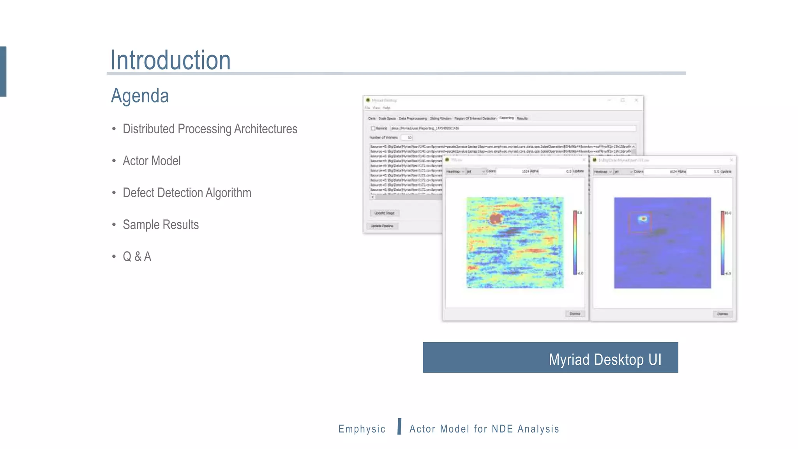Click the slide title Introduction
[170, 60]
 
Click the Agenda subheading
[140, 96]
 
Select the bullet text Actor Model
[152, 161]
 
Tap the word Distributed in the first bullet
[148, 129]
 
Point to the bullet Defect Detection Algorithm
[187, 193]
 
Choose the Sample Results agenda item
[161, 225]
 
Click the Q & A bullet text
[137, 257]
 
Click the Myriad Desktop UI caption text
[605, 359]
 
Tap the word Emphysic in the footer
[362, 429]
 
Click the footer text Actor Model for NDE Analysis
[484, 429]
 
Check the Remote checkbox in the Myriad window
[373, 128]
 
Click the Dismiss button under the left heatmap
[575, 314]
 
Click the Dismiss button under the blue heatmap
[722, 314]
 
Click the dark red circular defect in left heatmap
[496, 218]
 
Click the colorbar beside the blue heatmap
[722, 243]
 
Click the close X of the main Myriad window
[636, 100]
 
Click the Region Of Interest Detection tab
[475, 118]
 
